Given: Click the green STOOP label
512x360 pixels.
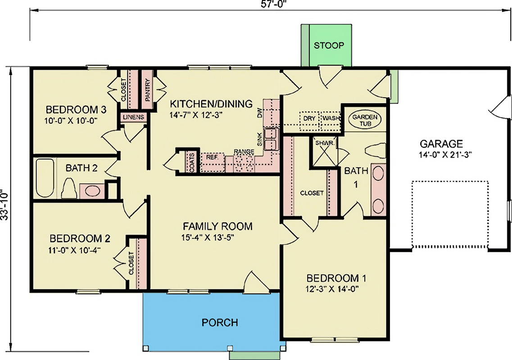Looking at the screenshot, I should (x=329, y=45).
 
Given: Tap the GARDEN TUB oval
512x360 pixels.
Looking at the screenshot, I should (x=365, y=120).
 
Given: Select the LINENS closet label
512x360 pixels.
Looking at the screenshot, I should (x=133, y=117).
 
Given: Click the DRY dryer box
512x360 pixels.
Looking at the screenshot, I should (x=309, y=119).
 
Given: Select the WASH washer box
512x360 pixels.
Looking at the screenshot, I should (x=330, y=119).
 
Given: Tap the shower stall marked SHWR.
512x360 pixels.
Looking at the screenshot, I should (x=324, y=153).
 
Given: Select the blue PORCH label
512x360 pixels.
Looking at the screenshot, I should (x=220, y=322).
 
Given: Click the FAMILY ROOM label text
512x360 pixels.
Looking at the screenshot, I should (x=217, y=226).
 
